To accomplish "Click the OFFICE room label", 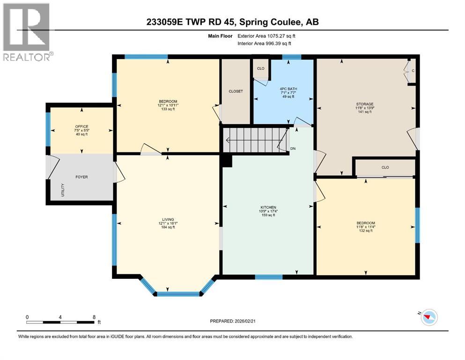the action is coord(81,127).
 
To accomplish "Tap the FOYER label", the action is coord(81,177).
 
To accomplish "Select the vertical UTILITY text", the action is coord(63,190).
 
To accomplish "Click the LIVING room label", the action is coord(168,220).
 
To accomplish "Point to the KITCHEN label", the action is coord(268,208).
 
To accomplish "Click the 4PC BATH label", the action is coord(288,89).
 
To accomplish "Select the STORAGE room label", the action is coord(365,104).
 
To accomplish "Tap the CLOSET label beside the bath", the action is coord(236,91).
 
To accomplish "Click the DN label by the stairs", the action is coord(293,149).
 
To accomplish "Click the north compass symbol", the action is coord(429,317).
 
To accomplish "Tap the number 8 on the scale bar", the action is coord(94,317).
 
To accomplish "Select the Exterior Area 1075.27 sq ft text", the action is coord(266,36).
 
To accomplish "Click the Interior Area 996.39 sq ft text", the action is coord(264,43).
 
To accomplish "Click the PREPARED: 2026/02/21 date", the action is coord(232,321).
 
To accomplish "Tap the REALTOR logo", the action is coord(28,32).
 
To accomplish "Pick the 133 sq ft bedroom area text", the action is coord(168,109).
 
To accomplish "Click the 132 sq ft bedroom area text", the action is coord(366,231).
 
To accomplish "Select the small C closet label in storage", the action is coord(413,71).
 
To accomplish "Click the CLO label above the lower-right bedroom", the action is coord(385,167).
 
